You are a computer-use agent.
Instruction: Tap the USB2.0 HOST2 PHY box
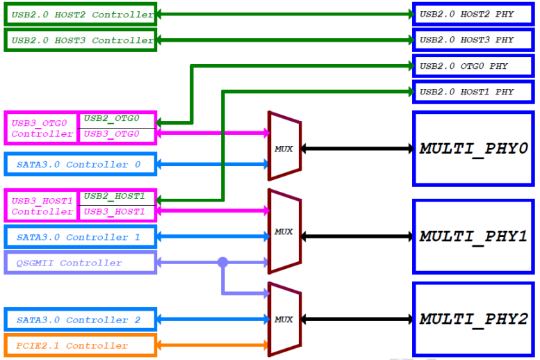[473, 15]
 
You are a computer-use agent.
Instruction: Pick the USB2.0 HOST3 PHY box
[473, 40]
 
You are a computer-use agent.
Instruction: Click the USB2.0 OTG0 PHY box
[473, 66]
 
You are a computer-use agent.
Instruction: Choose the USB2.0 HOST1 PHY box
[473, 92]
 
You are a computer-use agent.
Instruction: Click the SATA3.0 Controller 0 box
[79, 165]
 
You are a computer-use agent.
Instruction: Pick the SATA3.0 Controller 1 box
[79, 237]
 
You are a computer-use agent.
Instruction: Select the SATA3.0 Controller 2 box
[79, 320]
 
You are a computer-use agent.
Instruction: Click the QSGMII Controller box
[79, 263]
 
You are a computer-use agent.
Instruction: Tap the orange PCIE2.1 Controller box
[79, 345]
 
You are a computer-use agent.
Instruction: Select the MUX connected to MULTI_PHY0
[284, 149]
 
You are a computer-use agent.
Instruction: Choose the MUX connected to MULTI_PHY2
[284, 320]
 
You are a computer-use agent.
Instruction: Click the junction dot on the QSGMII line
[222, 263]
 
